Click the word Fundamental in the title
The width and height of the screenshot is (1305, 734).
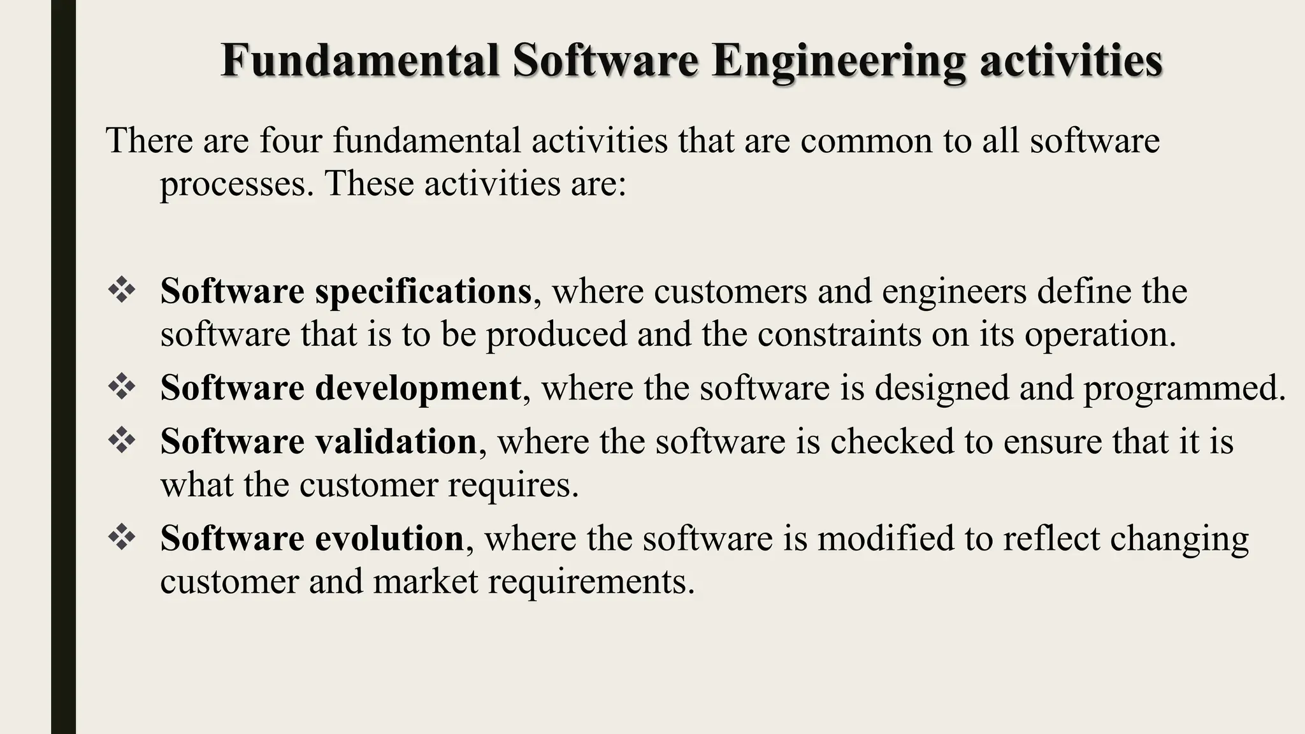pos(360,61)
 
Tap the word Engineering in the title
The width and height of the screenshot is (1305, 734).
pos(838,62)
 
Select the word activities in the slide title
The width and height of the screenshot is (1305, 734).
pos(1071,61)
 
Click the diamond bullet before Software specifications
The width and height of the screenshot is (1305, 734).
pos(122,291)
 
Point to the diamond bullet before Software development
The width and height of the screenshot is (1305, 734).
pos(122,387)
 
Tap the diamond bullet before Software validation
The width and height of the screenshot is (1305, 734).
pos(122,440)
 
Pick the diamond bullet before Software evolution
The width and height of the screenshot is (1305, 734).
pos(122,537)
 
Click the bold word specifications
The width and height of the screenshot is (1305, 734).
pos(423,292)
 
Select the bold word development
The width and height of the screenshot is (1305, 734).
pos(418,387)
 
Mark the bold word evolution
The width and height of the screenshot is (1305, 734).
pos(389,538)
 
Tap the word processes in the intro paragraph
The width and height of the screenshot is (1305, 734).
pos(236,185)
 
